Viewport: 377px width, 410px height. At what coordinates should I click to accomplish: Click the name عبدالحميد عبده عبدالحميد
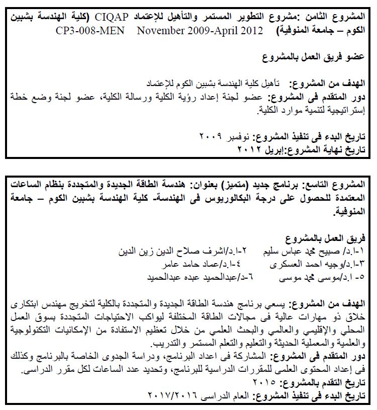click(x=185, y=276)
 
